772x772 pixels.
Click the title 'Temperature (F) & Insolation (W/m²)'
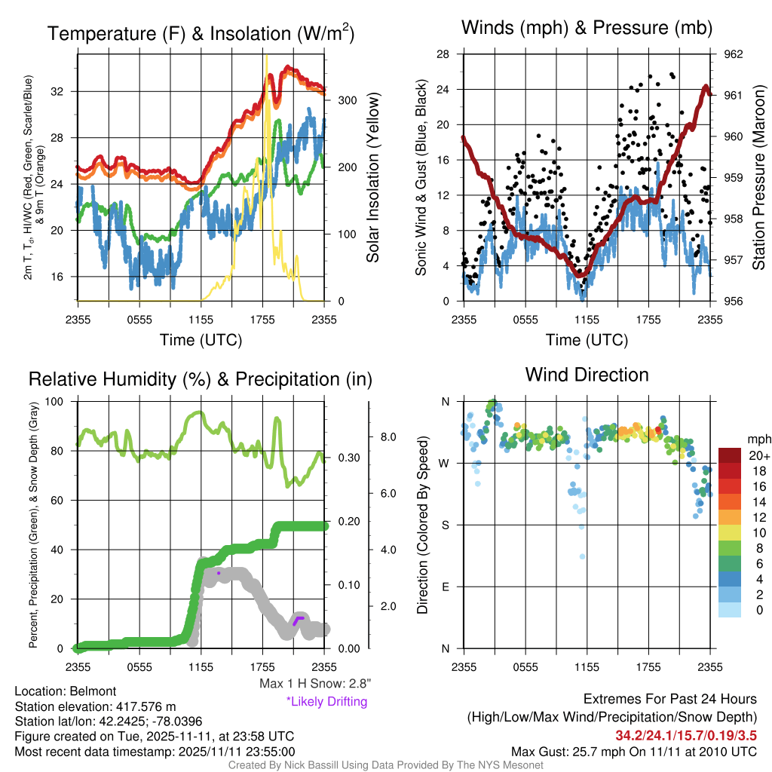pos(201,33)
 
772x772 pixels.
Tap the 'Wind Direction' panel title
pos(587,375)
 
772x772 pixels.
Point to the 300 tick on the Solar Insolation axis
pos(347,100)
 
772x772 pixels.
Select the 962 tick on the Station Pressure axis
pos(733,54)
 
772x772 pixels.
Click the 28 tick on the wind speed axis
pos(443,54)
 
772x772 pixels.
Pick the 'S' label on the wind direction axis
pos(445,525)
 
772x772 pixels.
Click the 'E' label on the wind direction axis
pos(445,587)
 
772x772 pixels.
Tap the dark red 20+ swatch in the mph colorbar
pos(730,455)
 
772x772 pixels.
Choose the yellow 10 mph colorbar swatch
pos(730,533)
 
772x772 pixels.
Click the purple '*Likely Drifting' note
pos(327,701)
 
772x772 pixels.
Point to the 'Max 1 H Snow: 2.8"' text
pos(315,683)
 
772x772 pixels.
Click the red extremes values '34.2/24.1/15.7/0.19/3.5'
pos(686,736)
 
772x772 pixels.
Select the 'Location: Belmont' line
pos(66,691)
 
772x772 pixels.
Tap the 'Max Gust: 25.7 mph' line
pos(633,752)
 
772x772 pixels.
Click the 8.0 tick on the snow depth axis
pos(388,437)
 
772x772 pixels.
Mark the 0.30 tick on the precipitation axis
pos(349,458)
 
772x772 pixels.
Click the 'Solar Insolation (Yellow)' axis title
pos(373,177)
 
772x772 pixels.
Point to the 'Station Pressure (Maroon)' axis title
pos(758,177)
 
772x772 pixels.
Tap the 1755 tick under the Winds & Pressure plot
pos(648,320)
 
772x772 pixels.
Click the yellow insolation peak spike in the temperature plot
pos(267,56)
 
